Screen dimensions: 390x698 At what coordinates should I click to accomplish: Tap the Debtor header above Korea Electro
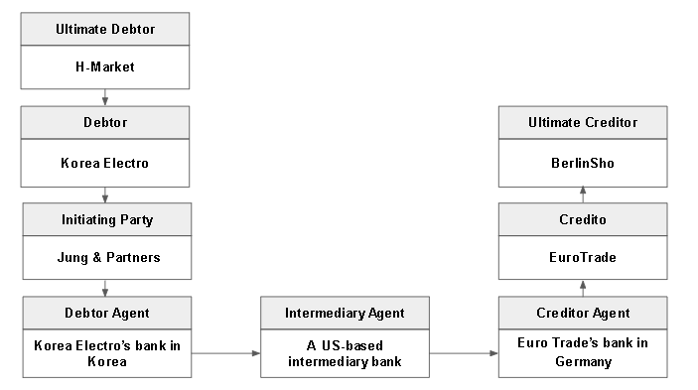click(x=105, y=123)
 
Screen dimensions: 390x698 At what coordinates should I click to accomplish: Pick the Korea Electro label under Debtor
click(x=105, y=162)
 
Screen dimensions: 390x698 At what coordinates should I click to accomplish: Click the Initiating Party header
click(x=105, y=218)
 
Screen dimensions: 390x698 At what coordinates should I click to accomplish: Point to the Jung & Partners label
click(x=105, y=257)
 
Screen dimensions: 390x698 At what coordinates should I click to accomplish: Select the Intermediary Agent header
click(x=345, y=314)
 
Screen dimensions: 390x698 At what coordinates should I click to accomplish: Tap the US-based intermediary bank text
click(x=345, y=352)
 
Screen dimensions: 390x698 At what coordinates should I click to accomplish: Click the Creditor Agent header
click(x=583, y=313)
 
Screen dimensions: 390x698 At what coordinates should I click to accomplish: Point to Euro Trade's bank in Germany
click(x=583, y=352)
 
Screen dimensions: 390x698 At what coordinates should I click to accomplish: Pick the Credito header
click(x=583, y=218)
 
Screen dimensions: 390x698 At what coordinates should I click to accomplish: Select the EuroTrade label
click(x=583, y=257)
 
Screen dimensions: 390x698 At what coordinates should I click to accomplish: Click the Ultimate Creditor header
click(x=583, y=123)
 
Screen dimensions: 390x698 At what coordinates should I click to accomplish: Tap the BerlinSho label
click(x=583, y=162)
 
